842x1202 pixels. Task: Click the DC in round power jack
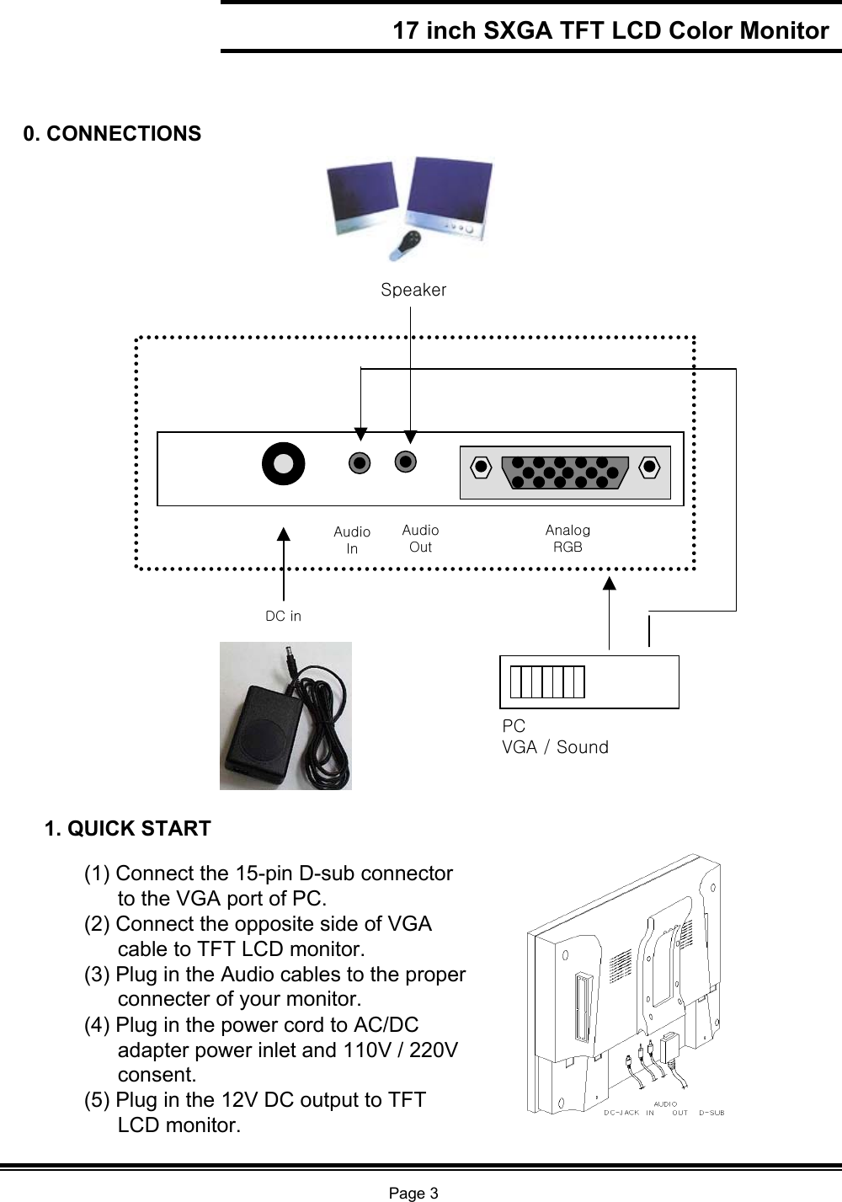(x=283, y=463)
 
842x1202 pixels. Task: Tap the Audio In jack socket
(x=360, y=462)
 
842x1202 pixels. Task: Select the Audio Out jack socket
(x=406, y=462)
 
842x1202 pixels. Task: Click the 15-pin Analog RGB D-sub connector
(x=564, y=472)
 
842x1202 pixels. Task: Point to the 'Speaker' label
(x=413, y=290)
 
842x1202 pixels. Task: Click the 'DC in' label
(x=283, y=616)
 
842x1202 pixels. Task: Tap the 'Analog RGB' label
(x=568, y=538)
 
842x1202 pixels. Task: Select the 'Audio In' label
(x=352, y=540)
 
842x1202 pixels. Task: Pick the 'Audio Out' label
(x=420, y=538)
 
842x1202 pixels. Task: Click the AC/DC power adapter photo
(x=285, y=716)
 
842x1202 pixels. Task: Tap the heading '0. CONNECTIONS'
(x=112, y=134)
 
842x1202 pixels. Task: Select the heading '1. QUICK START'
(x=128, y=829)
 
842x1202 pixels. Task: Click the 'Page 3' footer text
(x=413, y=1193)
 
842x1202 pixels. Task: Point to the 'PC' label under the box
(x=514, y=726)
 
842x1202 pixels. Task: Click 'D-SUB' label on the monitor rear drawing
(x=711, y=1113)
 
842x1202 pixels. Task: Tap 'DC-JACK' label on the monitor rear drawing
(x=621, y=1113)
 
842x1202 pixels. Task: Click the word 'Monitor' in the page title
(x=784, y=31)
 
